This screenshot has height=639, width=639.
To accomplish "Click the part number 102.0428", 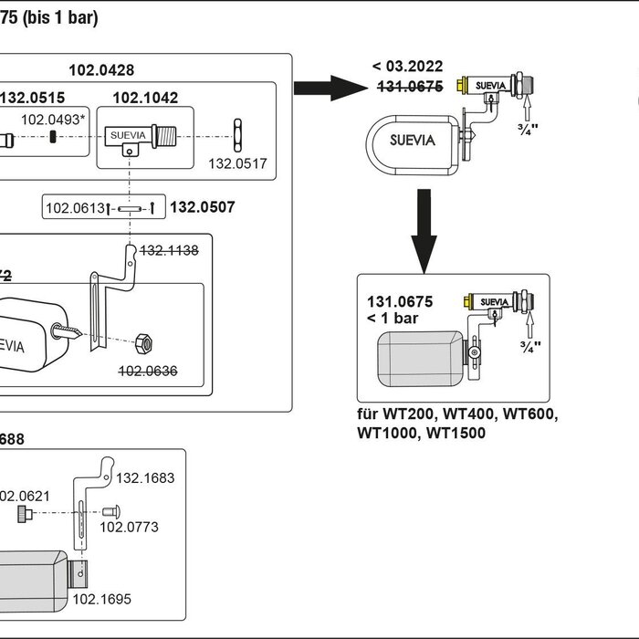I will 101,69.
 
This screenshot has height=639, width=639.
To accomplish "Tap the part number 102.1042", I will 145,99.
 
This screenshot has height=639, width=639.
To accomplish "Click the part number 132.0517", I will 238,164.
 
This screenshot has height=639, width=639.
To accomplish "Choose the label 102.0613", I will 76,209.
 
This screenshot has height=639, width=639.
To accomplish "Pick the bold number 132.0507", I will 203,208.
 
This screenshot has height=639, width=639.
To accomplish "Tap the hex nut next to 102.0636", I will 143,344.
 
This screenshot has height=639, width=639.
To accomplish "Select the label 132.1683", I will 145,477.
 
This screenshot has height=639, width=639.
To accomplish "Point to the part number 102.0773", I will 130,527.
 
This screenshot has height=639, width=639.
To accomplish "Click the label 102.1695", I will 102,600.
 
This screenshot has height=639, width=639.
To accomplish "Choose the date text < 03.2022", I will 407,66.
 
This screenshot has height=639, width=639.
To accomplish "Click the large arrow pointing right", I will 329,88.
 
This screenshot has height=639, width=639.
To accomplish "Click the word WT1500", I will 456,433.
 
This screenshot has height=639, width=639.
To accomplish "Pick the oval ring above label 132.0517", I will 236,134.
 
